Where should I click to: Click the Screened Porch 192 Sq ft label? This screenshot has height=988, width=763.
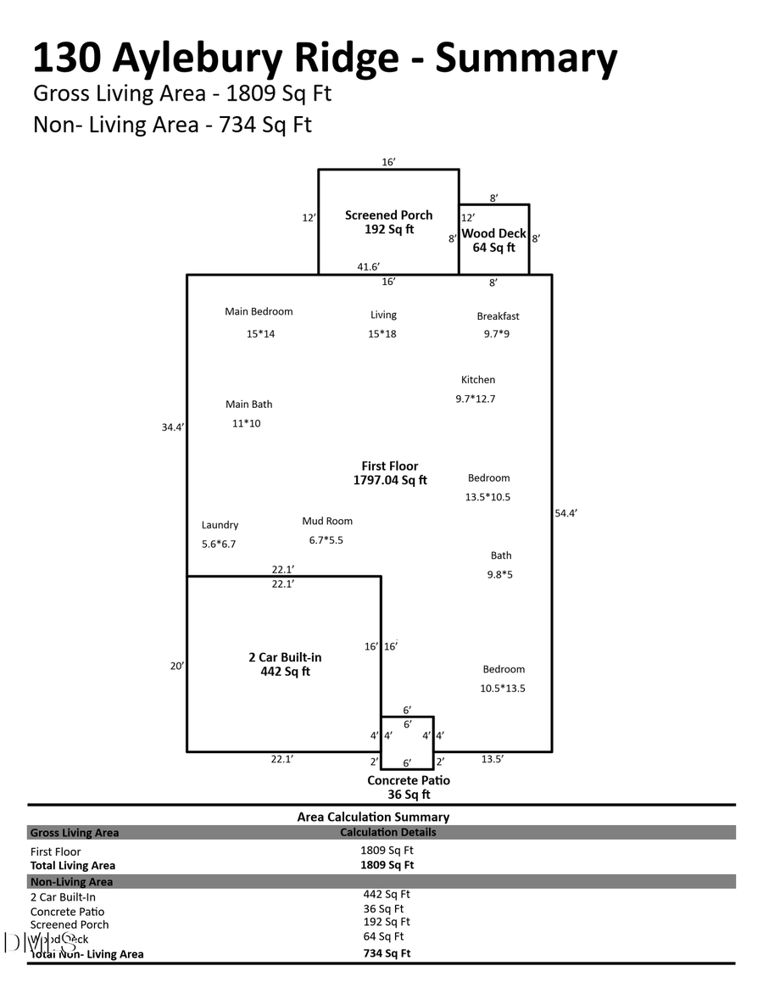click(x=388, y=222)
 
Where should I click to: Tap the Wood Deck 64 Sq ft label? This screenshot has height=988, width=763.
click(x=493, y=240)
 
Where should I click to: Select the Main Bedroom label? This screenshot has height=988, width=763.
click(x=259, y=311)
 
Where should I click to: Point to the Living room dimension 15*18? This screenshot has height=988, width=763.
click(x=382, y=333)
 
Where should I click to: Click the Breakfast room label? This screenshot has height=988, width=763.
click(x=498, y=316)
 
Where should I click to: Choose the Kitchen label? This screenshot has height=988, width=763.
click(x=478, y=380)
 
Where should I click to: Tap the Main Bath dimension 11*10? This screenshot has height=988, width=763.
click(x=247, y=423)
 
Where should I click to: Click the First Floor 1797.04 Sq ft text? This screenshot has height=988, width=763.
click(x=390, y=473)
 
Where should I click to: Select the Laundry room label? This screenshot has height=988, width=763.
click(x=220, y=525)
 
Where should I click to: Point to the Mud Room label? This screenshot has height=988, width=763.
click(x=327, y=521)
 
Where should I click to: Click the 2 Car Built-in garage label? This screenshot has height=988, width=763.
click(x=285, y=664)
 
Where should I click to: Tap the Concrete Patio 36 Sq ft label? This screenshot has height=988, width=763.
click(x=409, y=787)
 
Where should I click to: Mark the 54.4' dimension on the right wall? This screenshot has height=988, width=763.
click(x=566, y=513)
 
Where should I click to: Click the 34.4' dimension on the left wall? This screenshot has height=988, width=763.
click(x=173, y=427)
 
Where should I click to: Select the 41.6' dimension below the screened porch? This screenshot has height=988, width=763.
click(x=368, y=266)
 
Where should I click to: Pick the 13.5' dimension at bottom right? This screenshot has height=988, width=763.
click(x=493, y=759)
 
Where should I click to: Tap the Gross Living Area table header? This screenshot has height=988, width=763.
click(x=75, y=833)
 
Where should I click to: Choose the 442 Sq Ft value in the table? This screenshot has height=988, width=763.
click(x=387, y=894)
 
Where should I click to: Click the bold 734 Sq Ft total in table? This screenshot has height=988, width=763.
click(x=387, y=953)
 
